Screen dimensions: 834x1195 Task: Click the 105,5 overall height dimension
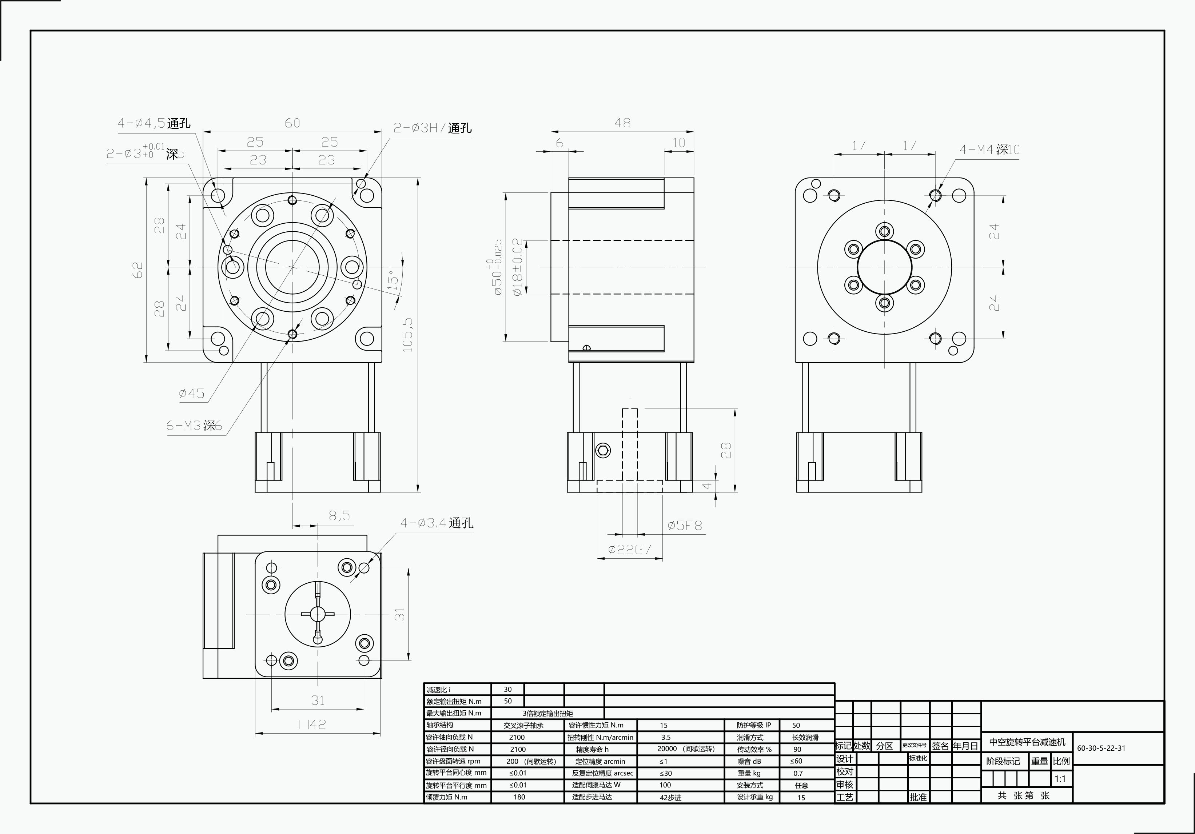point(407,335)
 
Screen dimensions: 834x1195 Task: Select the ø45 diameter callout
point(192,393)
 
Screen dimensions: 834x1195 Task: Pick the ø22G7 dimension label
point(630,550)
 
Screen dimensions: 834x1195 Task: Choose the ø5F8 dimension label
point(685,526)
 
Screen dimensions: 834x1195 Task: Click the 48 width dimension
point(622,123)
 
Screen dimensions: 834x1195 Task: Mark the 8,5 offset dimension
point(339,516)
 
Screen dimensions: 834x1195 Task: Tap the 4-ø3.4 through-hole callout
point(436,523)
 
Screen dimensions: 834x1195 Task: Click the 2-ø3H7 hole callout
point(433,128)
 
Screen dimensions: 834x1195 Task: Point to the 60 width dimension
point(292,123)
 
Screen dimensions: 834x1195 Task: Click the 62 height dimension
point(138,270)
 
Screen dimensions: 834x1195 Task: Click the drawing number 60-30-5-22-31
point(1101,748)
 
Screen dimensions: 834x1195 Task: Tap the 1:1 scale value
point(1060,779)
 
